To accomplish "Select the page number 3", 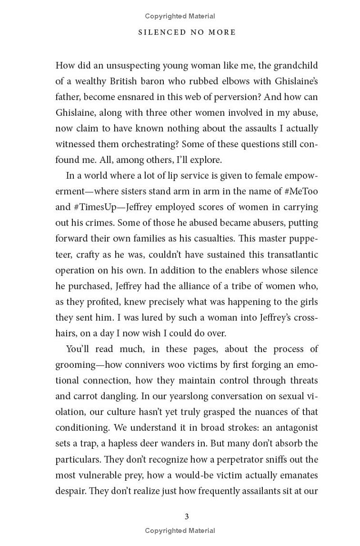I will coord(187,516).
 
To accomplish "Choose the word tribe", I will coord(229,286).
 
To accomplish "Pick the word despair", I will coord(70,491).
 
